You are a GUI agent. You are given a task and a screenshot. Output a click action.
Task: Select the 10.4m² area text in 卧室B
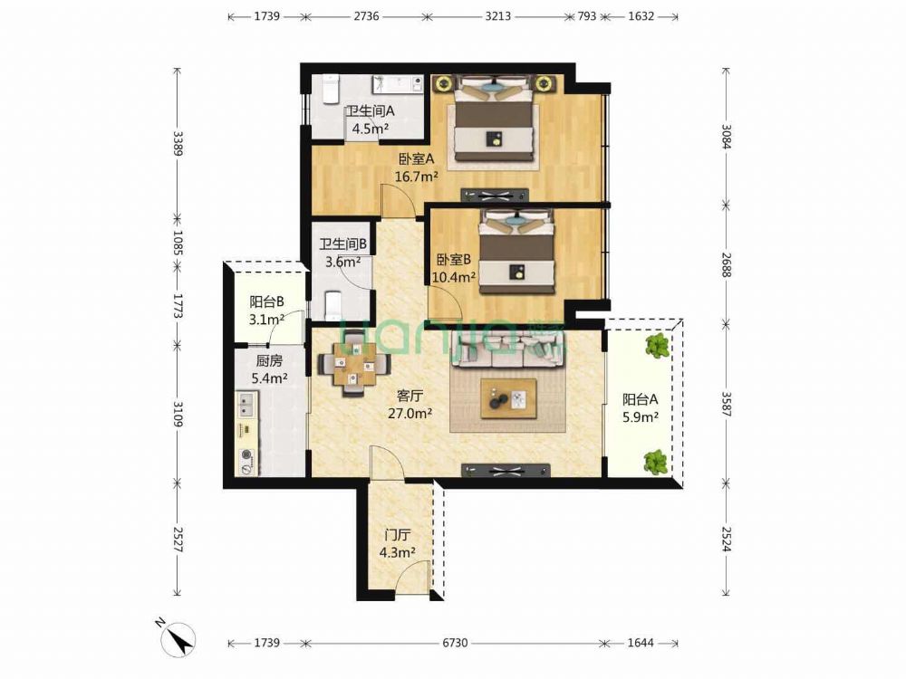pos(454,276)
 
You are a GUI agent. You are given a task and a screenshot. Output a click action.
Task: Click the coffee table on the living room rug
pos(508,398)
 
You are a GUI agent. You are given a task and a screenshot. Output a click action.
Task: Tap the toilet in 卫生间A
pos(330,89)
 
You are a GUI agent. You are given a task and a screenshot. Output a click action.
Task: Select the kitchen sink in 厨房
pos(246,404)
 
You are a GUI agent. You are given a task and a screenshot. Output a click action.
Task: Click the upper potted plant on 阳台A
pos(658,345)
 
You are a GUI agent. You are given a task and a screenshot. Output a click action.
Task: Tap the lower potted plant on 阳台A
pos(656,462)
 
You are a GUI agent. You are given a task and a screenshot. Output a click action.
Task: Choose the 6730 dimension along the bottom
pos(455,643)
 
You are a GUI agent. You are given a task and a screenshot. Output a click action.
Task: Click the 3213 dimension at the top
pos(497,16)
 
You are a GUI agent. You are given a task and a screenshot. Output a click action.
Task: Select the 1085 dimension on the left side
pos(178,243)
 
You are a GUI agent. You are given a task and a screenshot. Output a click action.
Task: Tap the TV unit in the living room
pos(506,470)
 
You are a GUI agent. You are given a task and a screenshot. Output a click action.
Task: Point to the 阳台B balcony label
pos(266,301)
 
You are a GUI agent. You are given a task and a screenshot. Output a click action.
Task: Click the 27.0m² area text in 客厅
pos(410,413)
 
